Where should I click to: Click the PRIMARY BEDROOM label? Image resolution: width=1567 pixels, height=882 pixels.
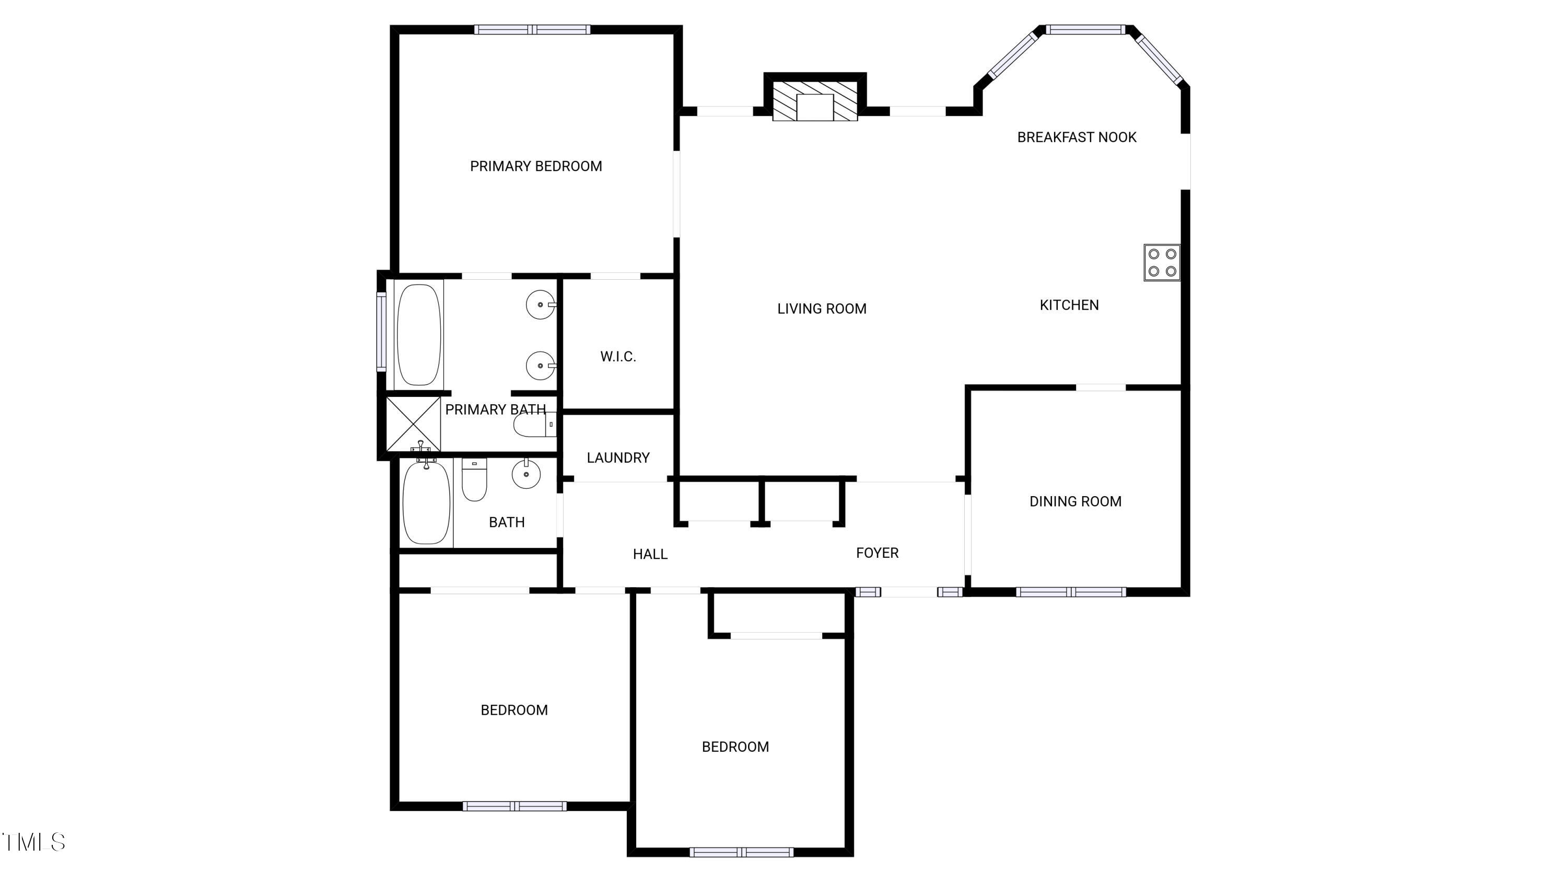[535, 166]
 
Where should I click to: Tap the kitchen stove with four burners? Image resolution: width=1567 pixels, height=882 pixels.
[1161, 262]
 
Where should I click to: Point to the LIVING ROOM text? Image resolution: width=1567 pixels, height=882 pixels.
[821, 308]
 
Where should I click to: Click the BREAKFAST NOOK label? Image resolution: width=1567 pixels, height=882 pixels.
[1076, 138]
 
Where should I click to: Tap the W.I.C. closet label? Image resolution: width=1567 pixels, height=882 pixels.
[617, 357]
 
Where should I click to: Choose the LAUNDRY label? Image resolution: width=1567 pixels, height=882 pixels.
[617, 458]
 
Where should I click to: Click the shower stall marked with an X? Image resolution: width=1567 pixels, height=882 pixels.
[413, 423]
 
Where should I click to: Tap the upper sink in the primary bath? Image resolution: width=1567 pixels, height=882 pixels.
[540, 304]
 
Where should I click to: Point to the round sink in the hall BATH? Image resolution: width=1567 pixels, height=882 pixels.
[525, 474]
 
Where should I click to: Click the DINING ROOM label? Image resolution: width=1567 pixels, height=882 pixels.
[1075, 501]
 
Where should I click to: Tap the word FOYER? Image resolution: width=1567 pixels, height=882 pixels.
[876, 553]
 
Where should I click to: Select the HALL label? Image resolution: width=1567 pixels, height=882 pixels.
[650, 554]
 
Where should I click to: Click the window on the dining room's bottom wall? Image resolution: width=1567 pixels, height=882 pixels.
[1070, 592]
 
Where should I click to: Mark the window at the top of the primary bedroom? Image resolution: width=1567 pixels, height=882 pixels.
[532, 29]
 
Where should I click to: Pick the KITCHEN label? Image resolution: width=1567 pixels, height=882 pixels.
[1069, 305]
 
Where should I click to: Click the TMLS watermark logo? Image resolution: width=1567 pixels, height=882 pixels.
[33, 842]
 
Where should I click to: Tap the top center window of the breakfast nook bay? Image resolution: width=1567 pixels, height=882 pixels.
[1085, 29]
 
